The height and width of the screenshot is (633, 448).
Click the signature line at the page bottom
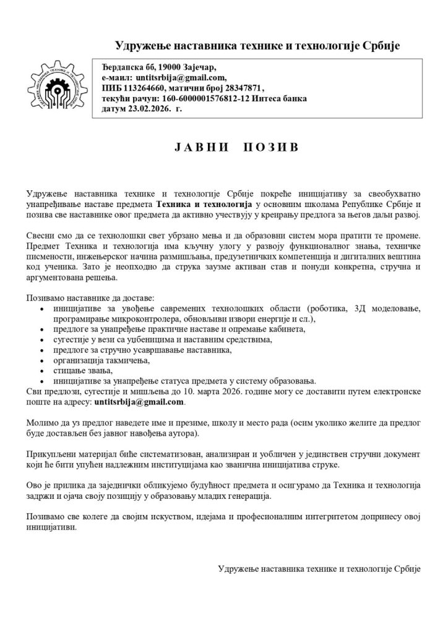pos(319,567)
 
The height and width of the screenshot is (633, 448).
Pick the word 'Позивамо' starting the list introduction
pos(45,298)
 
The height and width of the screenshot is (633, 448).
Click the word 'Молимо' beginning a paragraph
pos(42,423)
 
